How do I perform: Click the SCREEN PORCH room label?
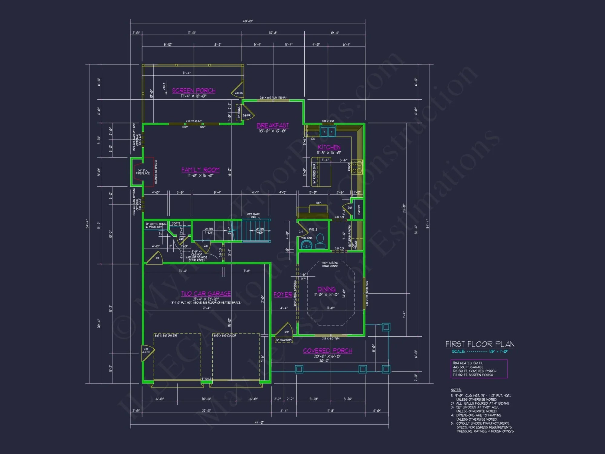point(194,90)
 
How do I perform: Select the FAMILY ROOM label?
point(200,170)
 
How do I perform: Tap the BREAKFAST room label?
point(273,125)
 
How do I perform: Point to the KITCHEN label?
point(329,147)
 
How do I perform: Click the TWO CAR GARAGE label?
point(206,294)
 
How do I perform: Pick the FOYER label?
point(283,294)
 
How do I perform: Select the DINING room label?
point(326,289)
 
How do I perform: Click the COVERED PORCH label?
point(328,351)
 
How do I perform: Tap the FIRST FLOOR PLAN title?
point(480,344)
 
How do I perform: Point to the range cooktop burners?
point(357,167)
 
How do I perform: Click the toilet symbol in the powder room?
point(320,241)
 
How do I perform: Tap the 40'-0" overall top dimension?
point(247,21)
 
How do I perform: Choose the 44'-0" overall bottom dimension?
point(259,422)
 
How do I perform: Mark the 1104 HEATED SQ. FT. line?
point(468,363)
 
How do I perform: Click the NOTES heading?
point(456,390)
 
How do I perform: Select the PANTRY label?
point(359,209)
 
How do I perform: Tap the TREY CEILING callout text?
point(330,264)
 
